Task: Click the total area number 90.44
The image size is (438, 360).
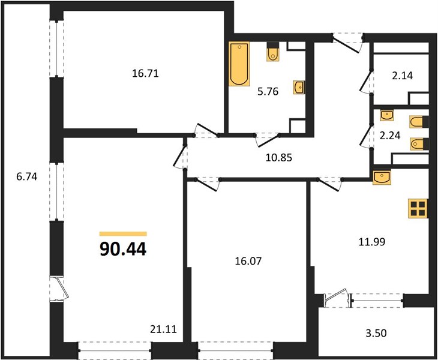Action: point(123,249)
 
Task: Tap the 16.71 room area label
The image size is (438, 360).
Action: point(145,73)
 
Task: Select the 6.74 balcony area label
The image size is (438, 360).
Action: point(27,176)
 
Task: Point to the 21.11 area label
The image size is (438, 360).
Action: point(163,329)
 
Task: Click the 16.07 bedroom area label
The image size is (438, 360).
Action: point(248,261)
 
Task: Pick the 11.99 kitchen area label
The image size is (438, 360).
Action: point(372,242)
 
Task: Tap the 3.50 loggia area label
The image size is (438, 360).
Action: point(376,333)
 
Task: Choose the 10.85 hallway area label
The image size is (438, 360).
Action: point(279,158)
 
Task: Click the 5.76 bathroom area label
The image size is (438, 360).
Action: point(268,92)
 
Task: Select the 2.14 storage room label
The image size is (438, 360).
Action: point(403,76)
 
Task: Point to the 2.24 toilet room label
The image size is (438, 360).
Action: point(390,136)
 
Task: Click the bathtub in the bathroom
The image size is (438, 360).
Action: point(239,64)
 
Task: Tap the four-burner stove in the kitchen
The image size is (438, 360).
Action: point(418,208)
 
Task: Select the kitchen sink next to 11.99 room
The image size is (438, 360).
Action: point(382,177)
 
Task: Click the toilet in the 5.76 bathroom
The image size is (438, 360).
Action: point(273,52)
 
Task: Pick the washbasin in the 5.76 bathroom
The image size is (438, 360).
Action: point(299,88)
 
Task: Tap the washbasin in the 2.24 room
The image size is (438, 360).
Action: point(387,115)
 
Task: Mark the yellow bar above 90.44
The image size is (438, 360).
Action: point(123,234)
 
